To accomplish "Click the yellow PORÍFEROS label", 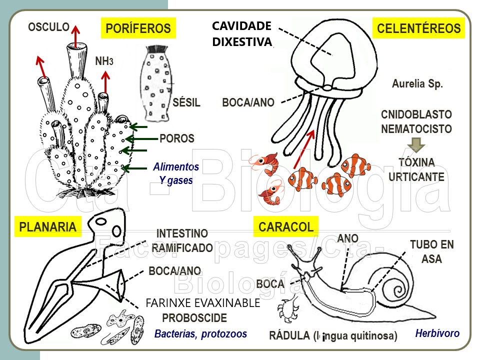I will click(x=138, y=28).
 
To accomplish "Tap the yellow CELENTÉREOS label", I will click(x=419, y=28).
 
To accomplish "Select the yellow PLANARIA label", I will click(x=48, y=227).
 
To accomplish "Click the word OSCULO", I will click(x=48, y=27).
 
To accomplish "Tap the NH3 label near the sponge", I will click(x=104, y=61).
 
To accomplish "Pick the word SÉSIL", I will click(x=186, y=103).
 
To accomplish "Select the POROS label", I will click(x=177, y=138).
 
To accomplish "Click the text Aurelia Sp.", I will click(x=417, y=84).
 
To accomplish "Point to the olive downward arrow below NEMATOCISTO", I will click(x=416, y=144).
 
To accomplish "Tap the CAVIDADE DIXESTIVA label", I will click(x=242, y=34).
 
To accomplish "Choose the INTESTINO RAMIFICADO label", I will click(x=182, y=240).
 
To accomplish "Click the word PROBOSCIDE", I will click(x=194, y=318).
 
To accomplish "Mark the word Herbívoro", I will click(x=437, y=333).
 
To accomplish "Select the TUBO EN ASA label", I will click(x=431, y=252).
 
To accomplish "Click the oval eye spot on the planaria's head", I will click(x=116, y=231).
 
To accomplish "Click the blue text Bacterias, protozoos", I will click(x=200, y=333).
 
